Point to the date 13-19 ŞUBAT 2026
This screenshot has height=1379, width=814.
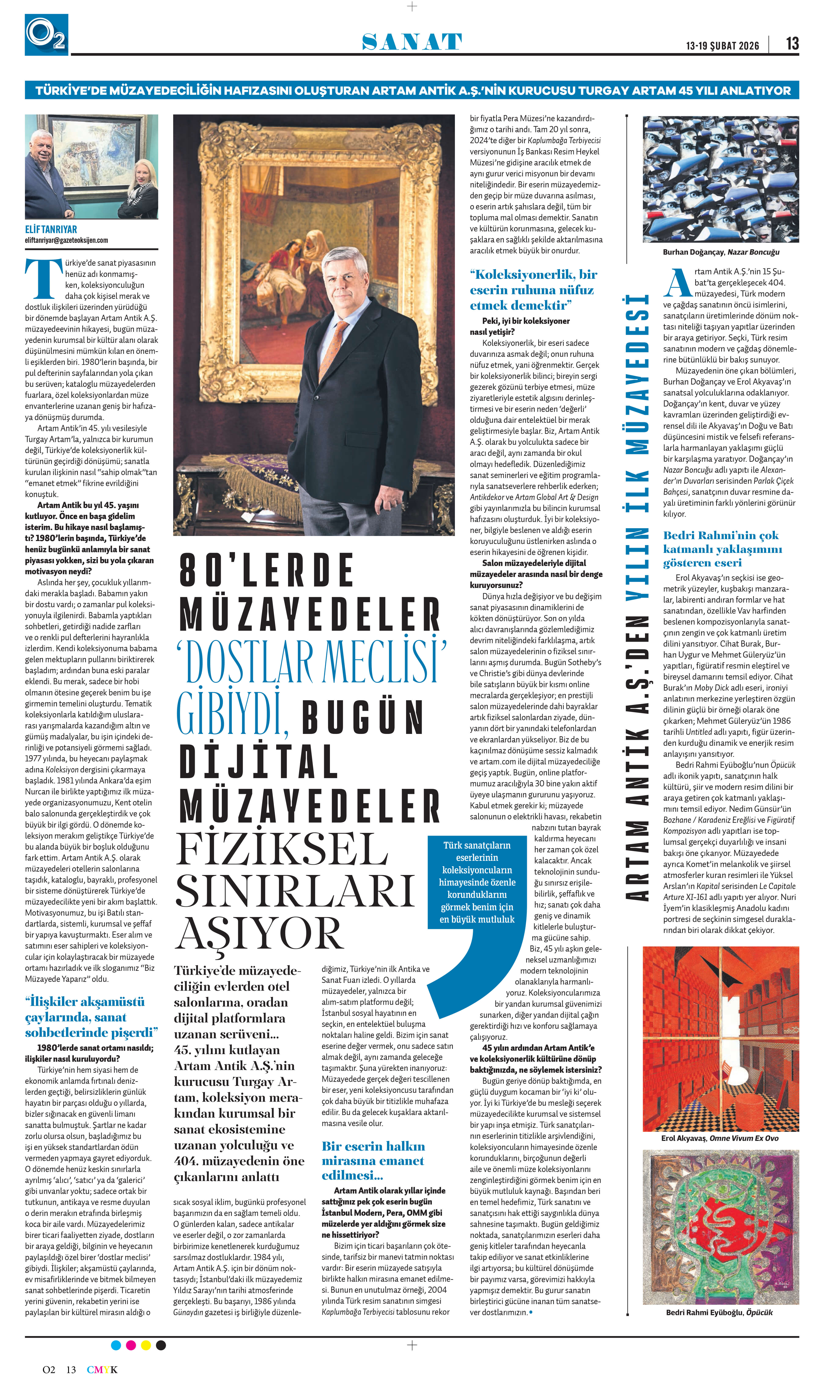click(722, 45)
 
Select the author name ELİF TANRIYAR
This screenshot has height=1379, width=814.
click(51, 229)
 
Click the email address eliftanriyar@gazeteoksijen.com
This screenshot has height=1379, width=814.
click(66, 240)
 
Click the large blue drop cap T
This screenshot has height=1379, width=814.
click(44, 279)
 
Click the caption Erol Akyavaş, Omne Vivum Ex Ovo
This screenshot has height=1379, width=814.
click(720, 1138)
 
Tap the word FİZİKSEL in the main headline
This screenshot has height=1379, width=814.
click(282, 850)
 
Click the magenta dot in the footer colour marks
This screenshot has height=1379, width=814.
click(130, 1345)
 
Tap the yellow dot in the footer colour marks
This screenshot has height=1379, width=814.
click(146, 1345)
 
